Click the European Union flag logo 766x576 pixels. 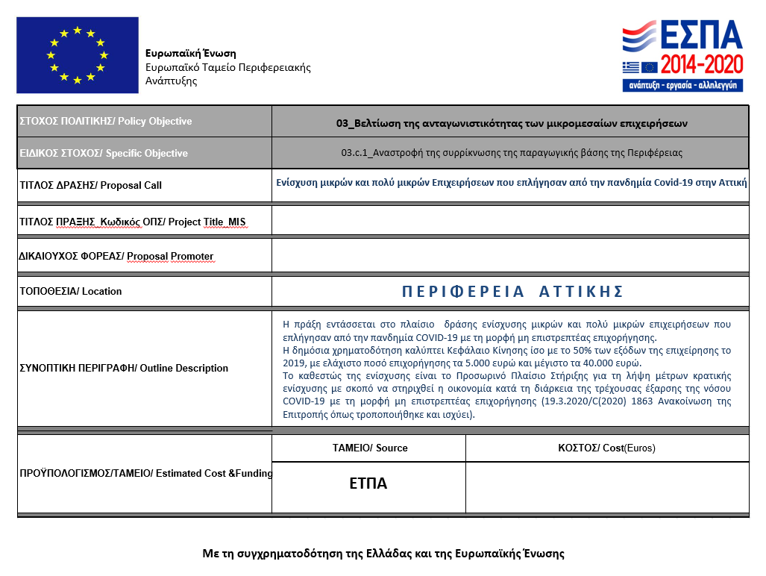click(x=77, y=55)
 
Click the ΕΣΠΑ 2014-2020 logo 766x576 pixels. click(x=682, y=56)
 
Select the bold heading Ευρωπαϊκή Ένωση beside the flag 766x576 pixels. click(x=190, y=54)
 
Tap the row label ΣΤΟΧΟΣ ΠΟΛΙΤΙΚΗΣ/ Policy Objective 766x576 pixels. click(x=105, y=122)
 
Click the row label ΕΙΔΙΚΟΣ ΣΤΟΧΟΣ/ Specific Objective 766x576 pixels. click(x=103, y=154)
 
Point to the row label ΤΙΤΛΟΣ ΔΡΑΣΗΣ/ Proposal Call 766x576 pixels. click(x=90, y=185)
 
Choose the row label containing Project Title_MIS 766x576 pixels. click(x=132, y=222)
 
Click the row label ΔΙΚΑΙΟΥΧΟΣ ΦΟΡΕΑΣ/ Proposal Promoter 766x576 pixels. click(x=116, y=256)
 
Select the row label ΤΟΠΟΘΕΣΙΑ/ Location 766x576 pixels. click(x=70, y=291)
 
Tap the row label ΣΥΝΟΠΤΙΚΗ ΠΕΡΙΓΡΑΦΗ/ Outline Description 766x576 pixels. click(x=123, y=368)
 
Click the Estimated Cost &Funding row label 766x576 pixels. click(x=145, y=473)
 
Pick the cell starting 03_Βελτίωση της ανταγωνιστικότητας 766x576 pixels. click(x=512, y=122)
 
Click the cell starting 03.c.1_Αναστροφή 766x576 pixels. click(x=512, y=153)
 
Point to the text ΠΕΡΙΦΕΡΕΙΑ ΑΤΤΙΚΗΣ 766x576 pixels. click(x=512, y=292)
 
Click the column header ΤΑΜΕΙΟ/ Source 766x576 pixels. click(x=369, y=448)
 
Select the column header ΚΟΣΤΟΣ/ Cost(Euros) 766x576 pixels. click(x=606, y=448)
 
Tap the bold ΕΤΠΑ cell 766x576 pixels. click(x=368, y=483)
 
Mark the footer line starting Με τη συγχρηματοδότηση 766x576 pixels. click(x=383, y=554)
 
